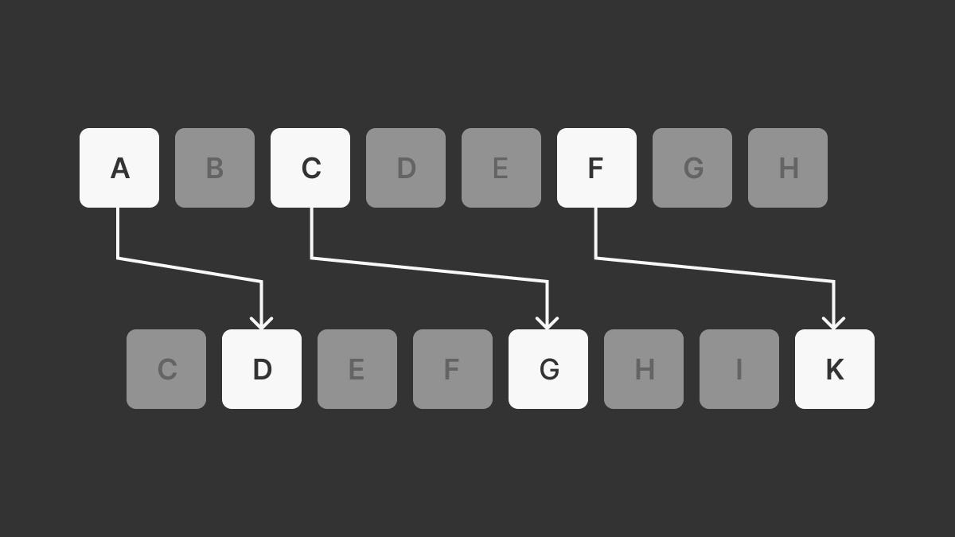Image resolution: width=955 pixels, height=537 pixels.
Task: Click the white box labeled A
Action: (119, 168)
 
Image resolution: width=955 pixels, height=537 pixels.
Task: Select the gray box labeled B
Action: (215, 168)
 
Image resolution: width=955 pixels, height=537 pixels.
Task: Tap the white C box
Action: (310, 168)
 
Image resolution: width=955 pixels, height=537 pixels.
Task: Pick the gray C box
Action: (166, 369)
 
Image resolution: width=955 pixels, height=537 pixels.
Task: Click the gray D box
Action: (406, 168)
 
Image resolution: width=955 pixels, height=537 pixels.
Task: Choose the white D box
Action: (262, 369)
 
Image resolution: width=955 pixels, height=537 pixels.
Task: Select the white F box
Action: (597, 168)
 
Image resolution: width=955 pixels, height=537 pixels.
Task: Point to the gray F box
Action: (453, 369)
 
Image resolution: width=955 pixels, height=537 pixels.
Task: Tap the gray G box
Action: (692, 168)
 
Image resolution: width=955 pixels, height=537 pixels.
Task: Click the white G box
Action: (548, 369)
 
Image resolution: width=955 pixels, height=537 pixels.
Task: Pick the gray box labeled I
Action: (739, 369)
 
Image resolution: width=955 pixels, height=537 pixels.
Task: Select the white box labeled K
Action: (835, 369)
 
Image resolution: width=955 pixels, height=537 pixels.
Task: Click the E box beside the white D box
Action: (357, 369)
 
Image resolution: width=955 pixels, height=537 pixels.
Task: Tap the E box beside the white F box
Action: (501, 168)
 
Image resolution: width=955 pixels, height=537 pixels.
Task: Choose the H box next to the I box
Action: (644, 369)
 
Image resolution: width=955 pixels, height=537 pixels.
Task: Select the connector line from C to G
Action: (430, 270)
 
